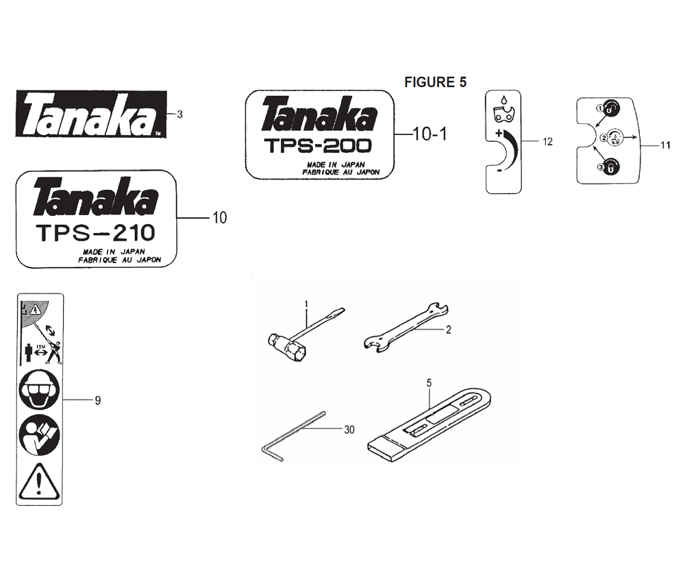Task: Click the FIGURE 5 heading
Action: pos(435,82)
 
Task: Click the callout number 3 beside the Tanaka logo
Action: pos(179,114)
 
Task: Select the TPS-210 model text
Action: pos(96,233)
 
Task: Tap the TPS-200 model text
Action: pos(319,145)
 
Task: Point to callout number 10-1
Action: pos(430,134)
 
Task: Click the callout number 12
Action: pos(547,142)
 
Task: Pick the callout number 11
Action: pos(665,145)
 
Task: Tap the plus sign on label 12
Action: pos(498,133)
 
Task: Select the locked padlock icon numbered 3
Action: pos(611,167)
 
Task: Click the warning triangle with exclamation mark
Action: pos(39,482)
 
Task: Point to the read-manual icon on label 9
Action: pos(39,434)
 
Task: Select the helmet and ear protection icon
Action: pos(39,389)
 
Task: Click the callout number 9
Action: pos(98,400)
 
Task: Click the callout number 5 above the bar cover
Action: pos(429,383)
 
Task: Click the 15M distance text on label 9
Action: pos(40,347)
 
